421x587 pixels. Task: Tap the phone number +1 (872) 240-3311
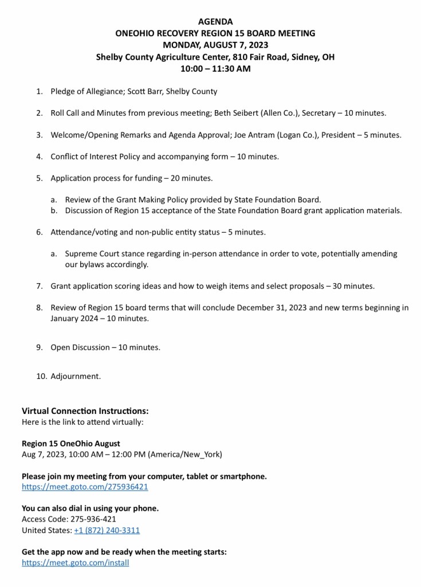pos(107,530)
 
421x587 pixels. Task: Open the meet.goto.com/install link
pos(75,562)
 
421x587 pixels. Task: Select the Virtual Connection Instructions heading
pos(85,411)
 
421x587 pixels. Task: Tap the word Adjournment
pos(76,377)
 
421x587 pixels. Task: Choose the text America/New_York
pos(184,454)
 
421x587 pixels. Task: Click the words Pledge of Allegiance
pos(85,92)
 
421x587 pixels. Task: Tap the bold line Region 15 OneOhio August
pos(71,444)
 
